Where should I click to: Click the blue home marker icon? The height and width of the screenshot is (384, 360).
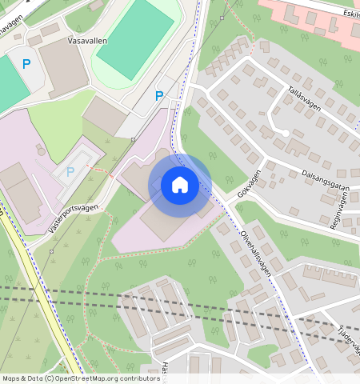[180, 185]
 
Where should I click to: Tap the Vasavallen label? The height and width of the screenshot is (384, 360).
[87, 39]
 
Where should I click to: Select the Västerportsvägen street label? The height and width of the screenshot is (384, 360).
[73, 218]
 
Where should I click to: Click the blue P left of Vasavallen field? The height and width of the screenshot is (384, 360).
[26, 64]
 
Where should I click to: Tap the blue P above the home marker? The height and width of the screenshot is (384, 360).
[158, 96]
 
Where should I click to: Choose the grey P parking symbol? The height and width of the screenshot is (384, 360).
[70, 170]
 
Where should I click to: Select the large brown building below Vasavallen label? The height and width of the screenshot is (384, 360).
[62, 68]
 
